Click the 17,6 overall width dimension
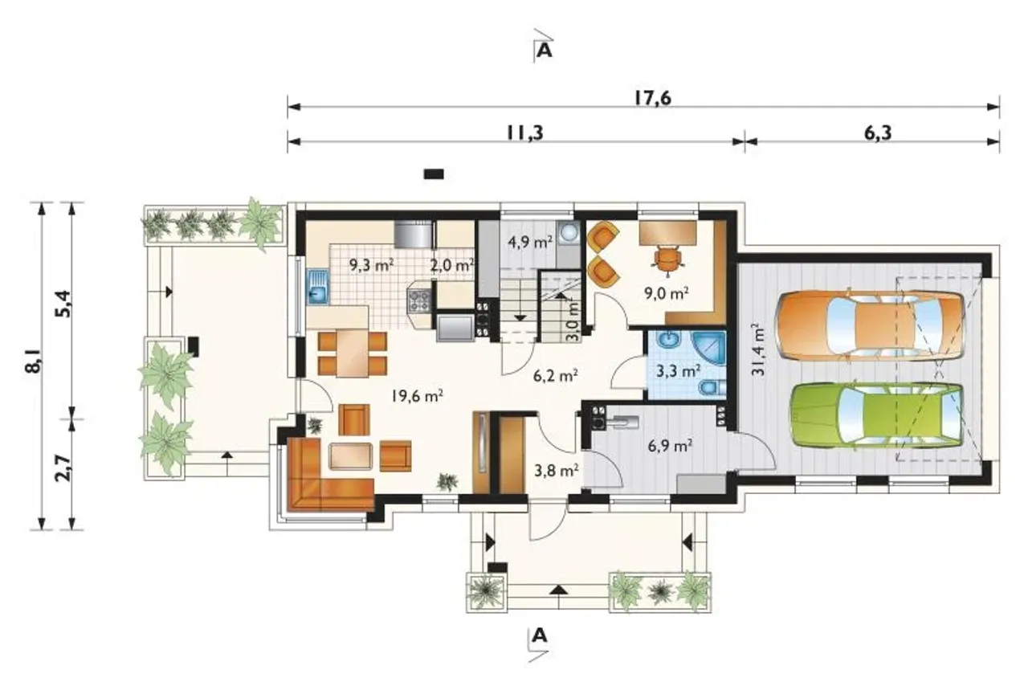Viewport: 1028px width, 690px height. click(653, 98)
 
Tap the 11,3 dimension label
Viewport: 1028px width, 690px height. click(524, 133)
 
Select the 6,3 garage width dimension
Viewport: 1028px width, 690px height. click(878, 133)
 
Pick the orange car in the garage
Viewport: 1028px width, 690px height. click(870, 325)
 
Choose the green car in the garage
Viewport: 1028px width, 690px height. click(875, 415)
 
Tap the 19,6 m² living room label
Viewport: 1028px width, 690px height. click(417, 396)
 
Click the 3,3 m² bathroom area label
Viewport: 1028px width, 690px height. click(678, 371)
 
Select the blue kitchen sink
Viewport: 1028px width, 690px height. click(317, 287)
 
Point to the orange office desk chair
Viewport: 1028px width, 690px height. click(667, 259)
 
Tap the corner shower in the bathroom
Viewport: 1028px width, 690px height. click(708, 349)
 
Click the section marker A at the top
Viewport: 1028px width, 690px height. click(544, 51)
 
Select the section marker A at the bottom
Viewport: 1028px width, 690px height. click(540, 637)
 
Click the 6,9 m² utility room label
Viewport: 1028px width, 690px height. click(670, 446)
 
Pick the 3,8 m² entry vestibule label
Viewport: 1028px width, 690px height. click(557, 470)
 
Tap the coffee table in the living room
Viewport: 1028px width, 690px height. click(351, 456)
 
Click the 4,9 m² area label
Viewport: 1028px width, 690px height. click(529, 242)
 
